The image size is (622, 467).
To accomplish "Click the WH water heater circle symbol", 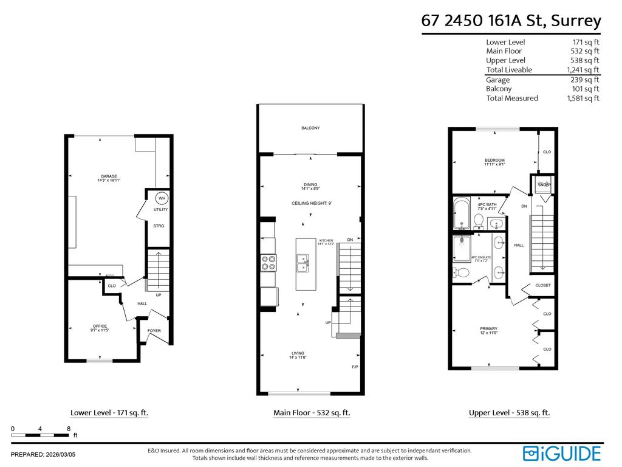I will coord(162,198).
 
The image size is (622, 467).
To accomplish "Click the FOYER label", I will coord(154,331).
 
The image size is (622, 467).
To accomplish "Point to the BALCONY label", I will coord(310,128).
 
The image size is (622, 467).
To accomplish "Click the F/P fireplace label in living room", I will coord(355,367).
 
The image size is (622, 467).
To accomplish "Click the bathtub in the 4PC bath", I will coord(461,213).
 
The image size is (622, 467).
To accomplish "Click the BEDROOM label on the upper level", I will coord(494,162).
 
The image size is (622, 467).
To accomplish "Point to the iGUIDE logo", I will coord(562,453).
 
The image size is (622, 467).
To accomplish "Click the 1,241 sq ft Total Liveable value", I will coord(583,70).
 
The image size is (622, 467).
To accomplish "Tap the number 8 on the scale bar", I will coord(69,429).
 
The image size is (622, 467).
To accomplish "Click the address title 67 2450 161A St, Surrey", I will coord(511,21).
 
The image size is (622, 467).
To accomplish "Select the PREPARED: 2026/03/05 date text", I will coord(43,454).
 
